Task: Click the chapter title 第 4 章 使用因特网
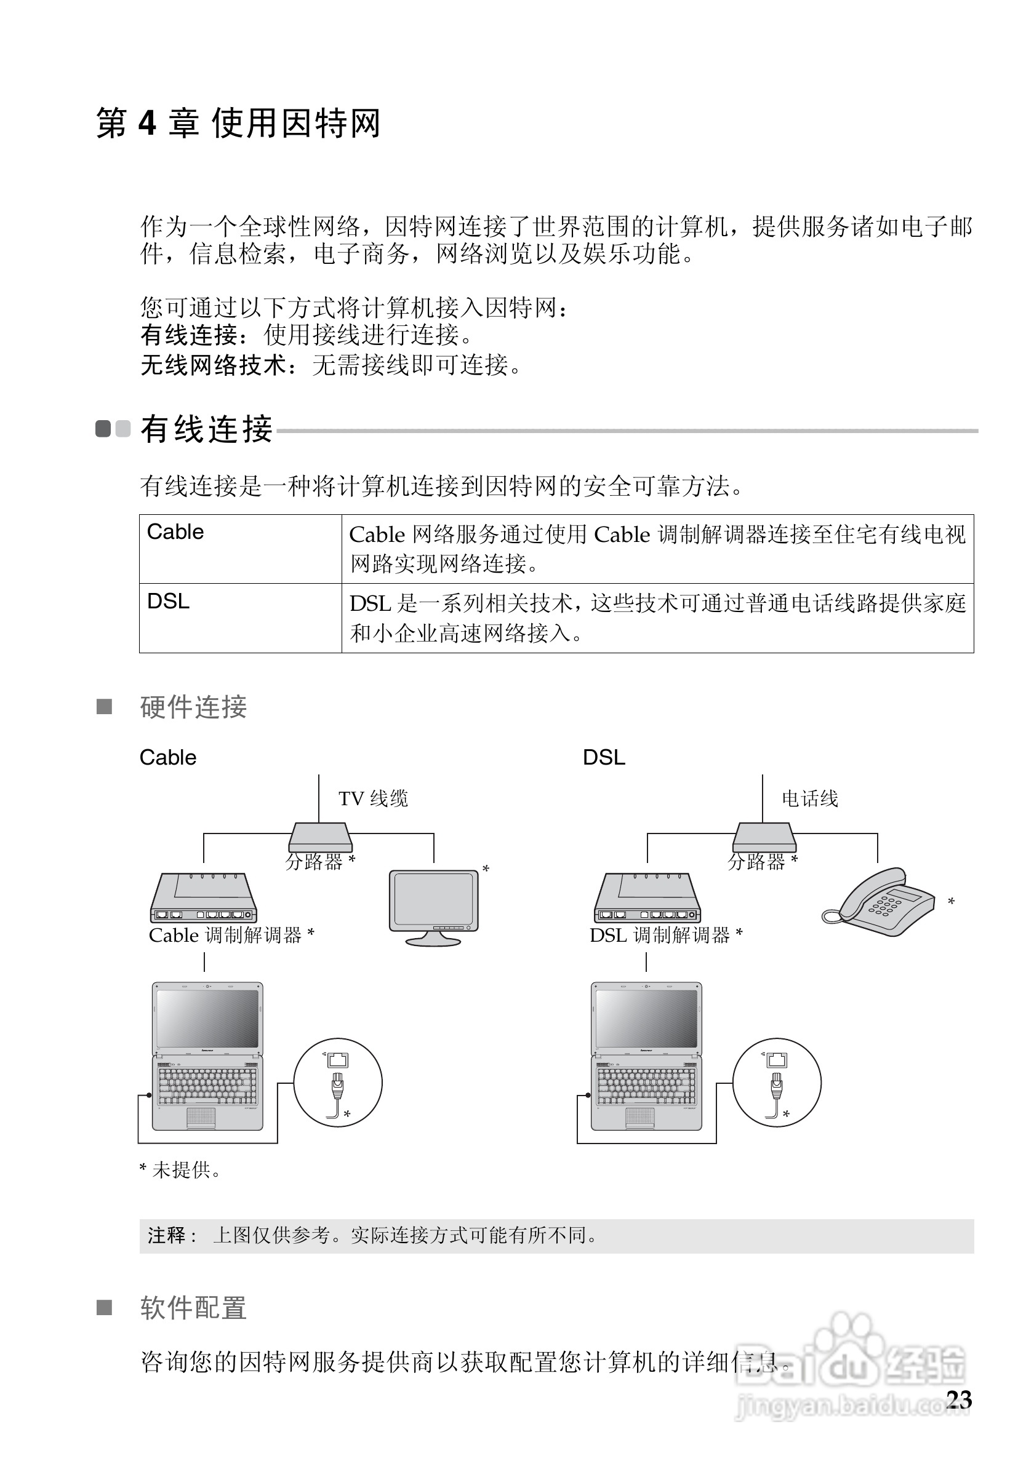tap(238, 123)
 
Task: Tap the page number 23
tap(959, 1399)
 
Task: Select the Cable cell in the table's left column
tap(175, 532)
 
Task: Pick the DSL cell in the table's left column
tap(169, 602)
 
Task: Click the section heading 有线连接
tap(207, 429)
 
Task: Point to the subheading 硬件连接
tap(193, 707)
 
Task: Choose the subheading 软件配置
tap(193, 1307)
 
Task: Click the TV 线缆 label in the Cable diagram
tap(373, 798)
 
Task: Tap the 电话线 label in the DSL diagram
tap(809, 798)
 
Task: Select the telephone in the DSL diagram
tap(879, 902)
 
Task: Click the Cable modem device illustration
tap(204, 899)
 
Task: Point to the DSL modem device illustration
tap(647, 899)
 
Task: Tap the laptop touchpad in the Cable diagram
tap(201, 1116)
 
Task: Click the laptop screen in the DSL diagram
tap(646, 1018)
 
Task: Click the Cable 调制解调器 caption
tap(231, 936)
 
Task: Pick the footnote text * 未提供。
tap(180, 1170)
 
